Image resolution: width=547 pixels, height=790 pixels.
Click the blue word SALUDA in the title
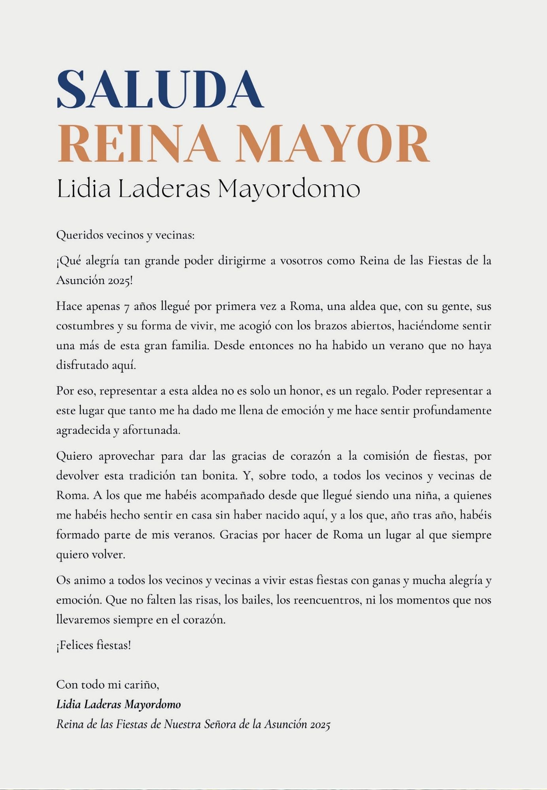tap(160, 89)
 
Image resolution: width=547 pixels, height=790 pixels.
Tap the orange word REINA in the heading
tap(138, 143)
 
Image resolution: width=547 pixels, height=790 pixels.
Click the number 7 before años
tap(127, 307)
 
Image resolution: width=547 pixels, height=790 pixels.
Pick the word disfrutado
tap(82, 365)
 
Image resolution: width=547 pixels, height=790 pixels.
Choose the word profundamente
tap(452, 411)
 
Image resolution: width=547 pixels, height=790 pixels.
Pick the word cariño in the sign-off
tap(143, 684)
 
